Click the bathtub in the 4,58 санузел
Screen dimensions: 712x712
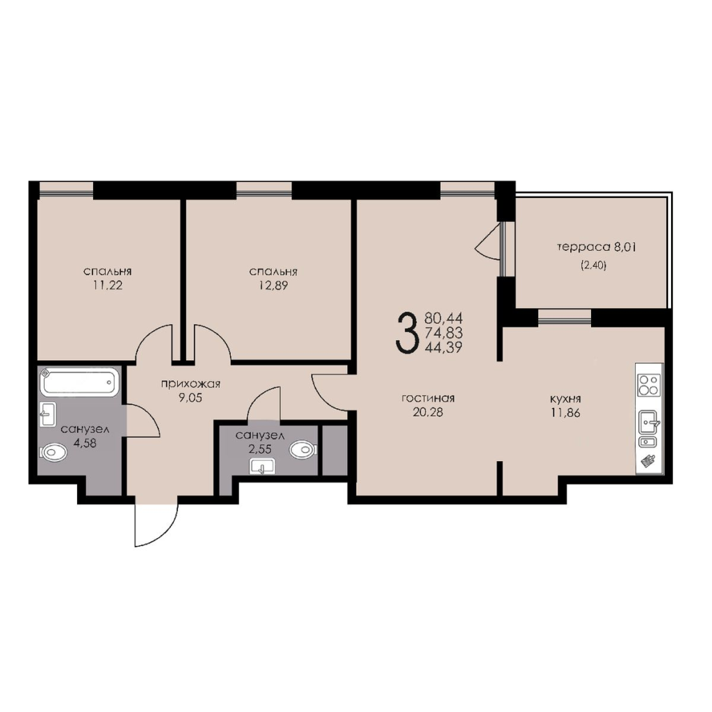tap(81, 382)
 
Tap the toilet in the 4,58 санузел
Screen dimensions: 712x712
tap(53, 453)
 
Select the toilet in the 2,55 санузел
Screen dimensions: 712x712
tap(303, 450)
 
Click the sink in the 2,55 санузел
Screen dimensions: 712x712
tap(261, 467)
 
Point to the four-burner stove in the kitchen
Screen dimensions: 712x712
tap(649, 385)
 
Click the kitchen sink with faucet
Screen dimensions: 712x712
tap(649, 422)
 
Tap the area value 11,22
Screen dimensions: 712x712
tap(108, 285)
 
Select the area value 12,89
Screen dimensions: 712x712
tap(273, 286)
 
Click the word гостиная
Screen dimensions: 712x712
tap(428, 398)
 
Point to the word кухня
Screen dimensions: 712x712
tap(565, 399)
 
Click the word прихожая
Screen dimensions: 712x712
tap(191, 384)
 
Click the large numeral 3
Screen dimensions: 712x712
tap(406, 332)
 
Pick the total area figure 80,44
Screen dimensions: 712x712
tap(443, 317)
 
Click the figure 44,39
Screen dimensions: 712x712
tap(443, 348)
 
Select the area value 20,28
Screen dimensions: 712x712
tap(428, 412)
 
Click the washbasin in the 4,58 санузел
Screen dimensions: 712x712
tap(48, 414)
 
